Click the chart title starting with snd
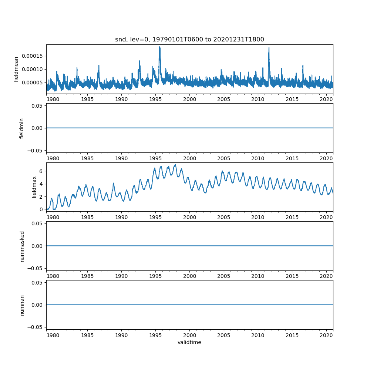[x=189, y=40]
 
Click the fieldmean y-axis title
[x=16, y=69]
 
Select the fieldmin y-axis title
[x=21, y=128]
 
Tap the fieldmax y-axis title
[x=34, y=187]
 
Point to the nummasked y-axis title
[x=21, y=246]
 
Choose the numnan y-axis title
[x=21, y=305]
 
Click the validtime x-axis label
[x=189, y=343]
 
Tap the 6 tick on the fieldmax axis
[x=41, y=171]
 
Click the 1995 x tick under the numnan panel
[x=155, y=335]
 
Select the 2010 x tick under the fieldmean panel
[x=258, y=99]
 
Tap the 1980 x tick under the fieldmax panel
[x=53, y=217]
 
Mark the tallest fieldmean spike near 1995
[x=159, y=47]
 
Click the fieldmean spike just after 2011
[x=269, y=48]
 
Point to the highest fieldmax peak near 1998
[x=175, y=165]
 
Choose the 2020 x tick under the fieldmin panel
[x=326, y=158]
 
